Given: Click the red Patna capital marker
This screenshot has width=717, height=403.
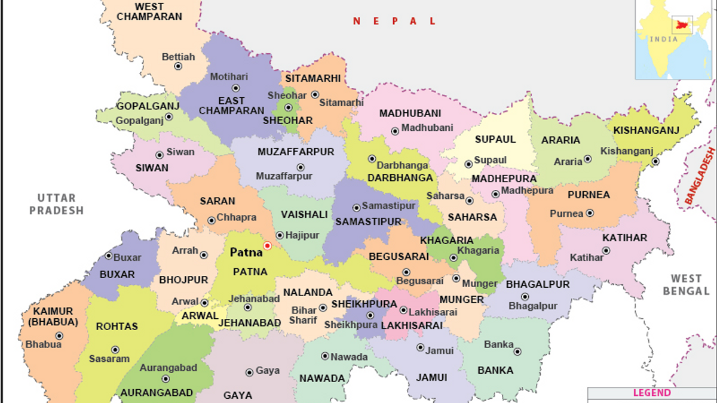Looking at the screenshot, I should coord(267,245).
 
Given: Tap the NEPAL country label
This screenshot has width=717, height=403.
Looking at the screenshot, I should coord(394,21).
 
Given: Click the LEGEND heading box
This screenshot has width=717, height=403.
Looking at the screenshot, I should coord(652,393).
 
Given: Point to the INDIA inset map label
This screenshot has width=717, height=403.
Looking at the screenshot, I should coord(664,39).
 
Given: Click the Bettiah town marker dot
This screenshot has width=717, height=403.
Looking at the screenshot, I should coord(178,66).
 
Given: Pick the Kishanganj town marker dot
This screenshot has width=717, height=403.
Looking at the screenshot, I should coord(655,161).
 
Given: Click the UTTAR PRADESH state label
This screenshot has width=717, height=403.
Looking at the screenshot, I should coord(57,204).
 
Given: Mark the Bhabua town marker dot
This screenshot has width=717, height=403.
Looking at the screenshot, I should coord(59,336).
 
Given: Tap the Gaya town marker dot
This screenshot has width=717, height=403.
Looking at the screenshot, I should coord(249,373).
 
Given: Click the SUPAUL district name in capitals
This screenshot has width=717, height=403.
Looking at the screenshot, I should coord(495,140).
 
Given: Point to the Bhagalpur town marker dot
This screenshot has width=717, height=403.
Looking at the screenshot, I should coord(525,297).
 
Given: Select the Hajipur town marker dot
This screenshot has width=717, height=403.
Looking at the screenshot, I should coord(280,235).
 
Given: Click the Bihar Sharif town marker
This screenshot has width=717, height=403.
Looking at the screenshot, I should coord(323,308).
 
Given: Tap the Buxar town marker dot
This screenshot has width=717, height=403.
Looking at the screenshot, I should coord(109,256).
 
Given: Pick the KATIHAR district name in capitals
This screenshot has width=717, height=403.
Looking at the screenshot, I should coord(624,238).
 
